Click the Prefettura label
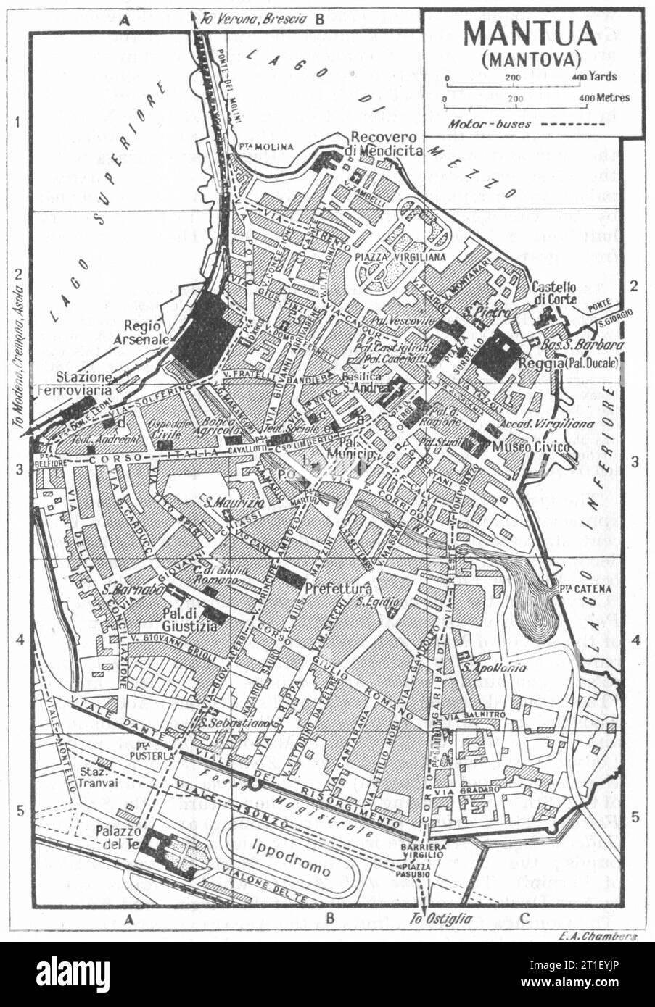(x=339, y=589)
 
